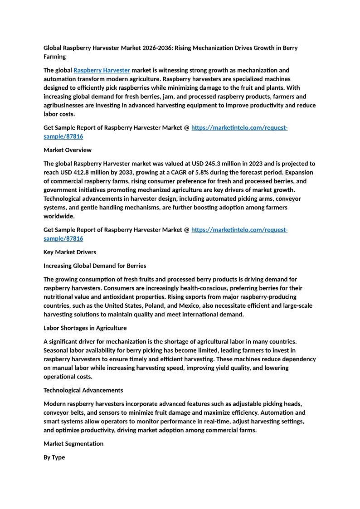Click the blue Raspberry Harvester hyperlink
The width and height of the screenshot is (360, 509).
(102, 70)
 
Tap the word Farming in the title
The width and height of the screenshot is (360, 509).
(54, 57)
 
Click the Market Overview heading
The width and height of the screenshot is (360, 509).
(67, 150)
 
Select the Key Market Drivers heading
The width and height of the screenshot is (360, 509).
(69, 252)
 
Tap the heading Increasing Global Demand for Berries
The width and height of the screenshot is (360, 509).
(95, 266)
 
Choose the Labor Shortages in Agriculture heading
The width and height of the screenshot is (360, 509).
(85, 328)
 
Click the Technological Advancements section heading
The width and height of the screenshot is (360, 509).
(83, 390)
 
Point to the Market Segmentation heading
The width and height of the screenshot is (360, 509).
(73, 444)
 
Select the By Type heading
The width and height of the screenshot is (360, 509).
(54, 457)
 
